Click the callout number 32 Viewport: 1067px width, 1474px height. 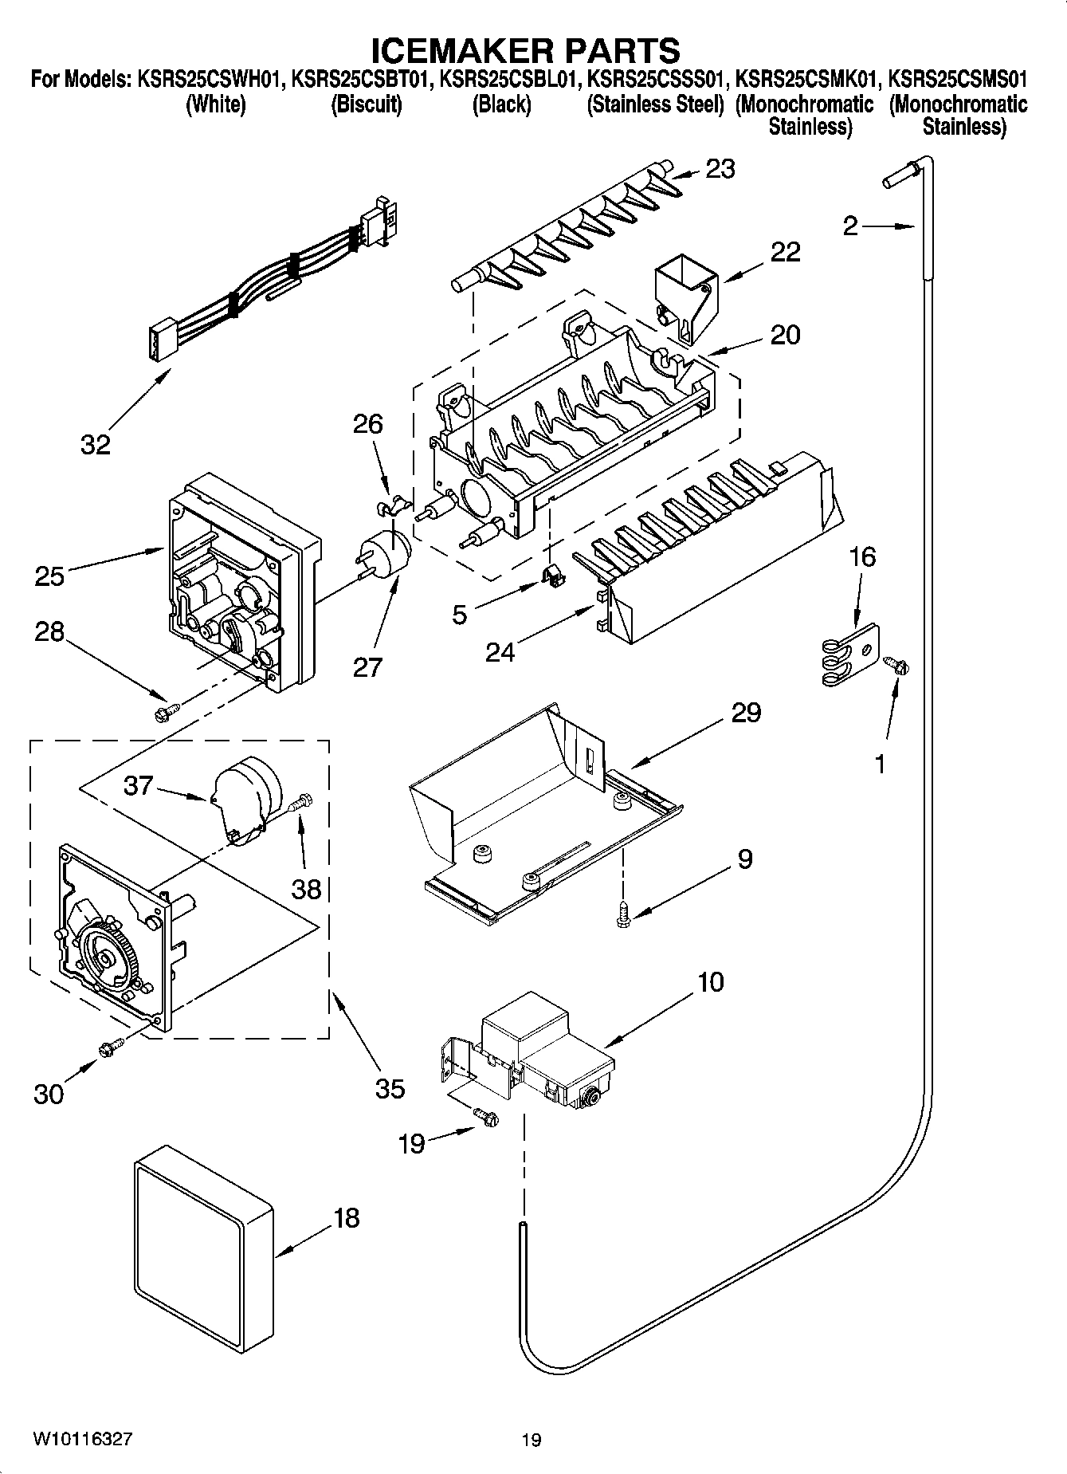click(x=95, y=444)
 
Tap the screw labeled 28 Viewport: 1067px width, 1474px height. click(x=167, y=709)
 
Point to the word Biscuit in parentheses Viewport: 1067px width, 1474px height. click(x=366, y=104)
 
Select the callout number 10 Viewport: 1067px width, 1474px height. click(x=710, y=981)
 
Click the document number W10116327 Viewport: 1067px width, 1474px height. click(x=82, y=1439)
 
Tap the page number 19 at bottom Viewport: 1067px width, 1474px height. click(x=532, y=1440)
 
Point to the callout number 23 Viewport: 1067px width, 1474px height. click(x=720, y=169)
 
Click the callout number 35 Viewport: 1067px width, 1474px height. click(x=390, y=1087)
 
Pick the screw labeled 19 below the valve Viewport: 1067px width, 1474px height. click(x=485, y=1118)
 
